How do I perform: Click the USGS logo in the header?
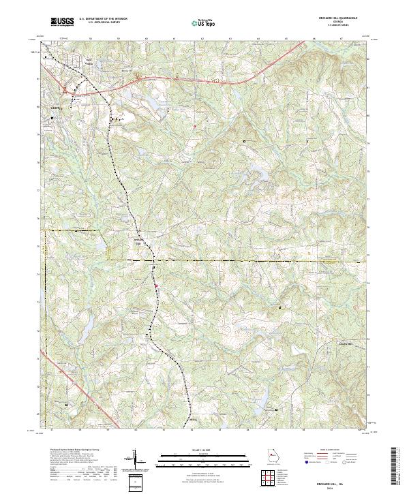click(x=62, y=22)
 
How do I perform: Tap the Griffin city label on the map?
click(x=55, y=108)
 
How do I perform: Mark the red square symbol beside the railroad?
click(x=155, y=285)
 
